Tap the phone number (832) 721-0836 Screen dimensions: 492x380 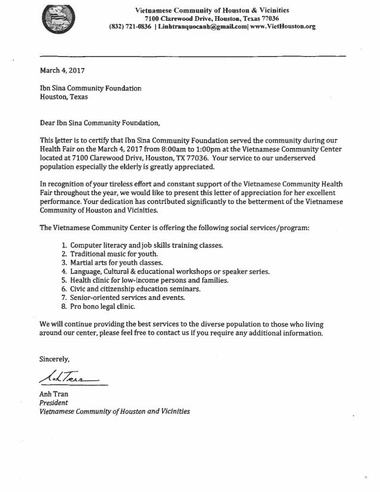(x=130, y=27)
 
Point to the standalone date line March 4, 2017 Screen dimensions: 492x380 (x=63, y=70)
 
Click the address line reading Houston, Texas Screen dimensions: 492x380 (x=63, y=97)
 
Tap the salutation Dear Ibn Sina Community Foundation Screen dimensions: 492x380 (x=99, y=123)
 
